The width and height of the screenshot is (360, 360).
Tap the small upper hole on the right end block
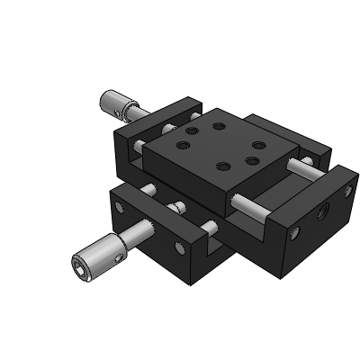click(x=350, y=191)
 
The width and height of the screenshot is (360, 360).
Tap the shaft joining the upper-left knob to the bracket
click(x=138, y=110)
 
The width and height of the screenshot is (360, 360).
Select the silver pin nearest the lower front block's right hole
click(x=209, y=228)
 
